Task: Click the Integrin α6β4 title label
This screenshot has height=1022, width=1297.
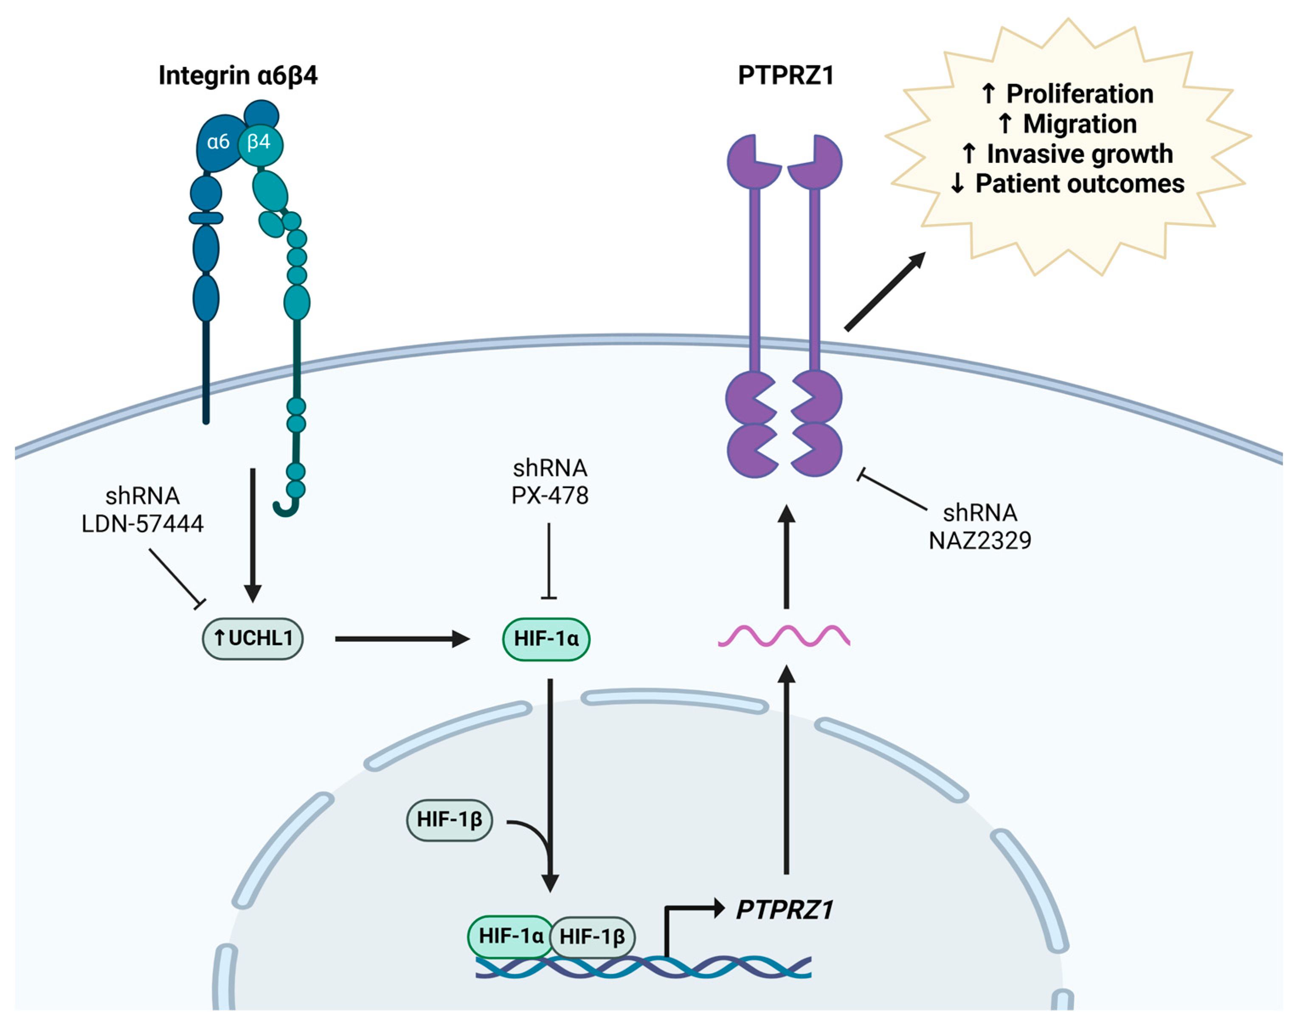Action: click(238, 76)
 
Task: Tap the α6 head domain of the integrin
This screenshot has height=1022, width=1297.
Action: click(217, 143)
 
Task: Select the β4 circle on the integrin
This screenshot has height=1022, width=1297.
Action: click(260, 143)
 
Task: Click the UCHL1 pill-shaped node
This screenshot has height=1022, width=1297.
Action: click(253, 638)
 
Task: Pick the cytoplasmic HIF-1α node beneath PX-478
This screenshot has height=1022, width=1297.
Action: click(546, 638)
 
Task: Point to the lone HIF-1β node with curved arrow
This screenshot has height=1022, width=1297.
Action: click(449, 819)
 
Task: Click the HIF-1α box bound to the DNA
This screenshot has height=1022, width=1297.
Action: click(510, 936)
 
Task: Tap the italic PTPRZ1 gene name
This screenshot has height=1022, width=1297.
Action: click(785, 910)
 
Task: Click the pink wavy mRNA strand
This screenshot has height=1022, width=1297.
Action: click(784, 636)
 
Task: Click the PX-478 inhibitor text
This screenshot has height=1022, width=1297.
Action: click(550, 496)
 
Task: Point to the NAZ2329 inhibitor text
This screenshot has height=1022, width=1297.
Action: click(979, 541)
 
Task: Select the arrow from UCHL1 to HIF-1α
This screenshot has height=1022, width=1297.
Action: click(401, 639)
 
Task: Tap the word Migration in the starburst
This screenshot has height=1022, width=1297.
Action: click(1079, 124)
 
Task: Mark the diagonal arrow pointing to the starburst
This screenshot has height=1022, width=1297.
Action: click(885, 291)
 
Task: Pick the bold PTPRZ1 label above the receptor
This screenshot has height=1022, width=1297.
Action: click(785, 76)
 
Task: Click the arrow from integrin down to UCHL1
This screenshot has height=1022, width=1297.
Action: click(253, 532)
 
